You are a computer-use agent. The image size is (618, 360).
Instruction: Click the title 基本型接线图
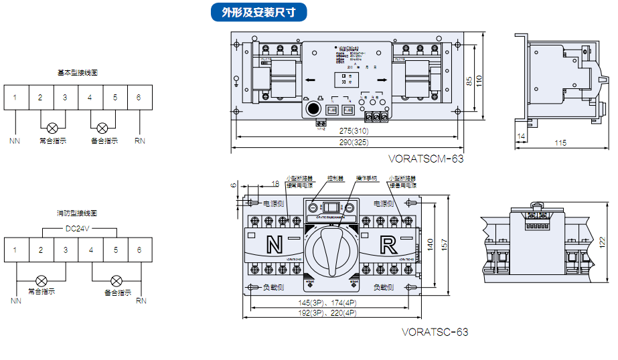(78, 72)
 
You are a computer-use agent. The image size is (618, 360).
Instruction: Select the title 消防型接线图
(78, 213)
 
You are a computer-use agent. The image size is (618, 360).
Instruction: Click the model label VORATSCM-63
(426, 159)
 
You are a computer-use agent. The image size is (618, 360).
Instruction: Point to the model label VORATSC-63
(435, 332)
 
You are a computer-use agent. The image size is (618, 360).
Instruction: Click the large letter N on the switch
(275, 244)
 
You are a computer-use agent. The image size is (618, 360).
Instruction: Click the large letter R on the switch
(388, 244)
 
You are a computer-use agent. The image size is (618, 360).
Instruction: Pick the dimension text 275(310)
(354, 131)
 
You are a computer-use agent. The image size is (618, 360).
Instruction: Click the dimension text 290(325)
(354, 143)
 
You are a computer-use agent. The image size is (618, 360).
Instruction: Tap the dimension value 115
(561, 143)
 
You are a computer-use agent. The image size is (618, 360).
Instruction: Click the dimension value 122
(602, 240)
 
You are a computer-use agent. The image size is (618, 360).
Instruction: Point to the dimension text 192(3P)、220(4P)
(327, 313)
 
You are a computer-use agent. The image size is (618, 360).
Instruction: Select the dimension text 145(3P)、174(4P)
(327, 302)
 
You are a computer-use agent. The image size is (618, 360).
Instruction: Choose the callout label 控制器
(335, 179)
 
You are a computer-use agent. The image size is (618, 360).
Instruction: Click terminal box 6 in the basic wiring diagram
(139, 98)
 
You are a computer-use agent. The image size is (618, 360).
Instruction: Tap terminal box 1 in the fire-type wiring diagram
(15, 250)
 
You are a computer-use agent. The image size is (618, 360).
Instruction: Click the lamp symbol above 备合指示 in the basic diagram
(102, 127)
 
